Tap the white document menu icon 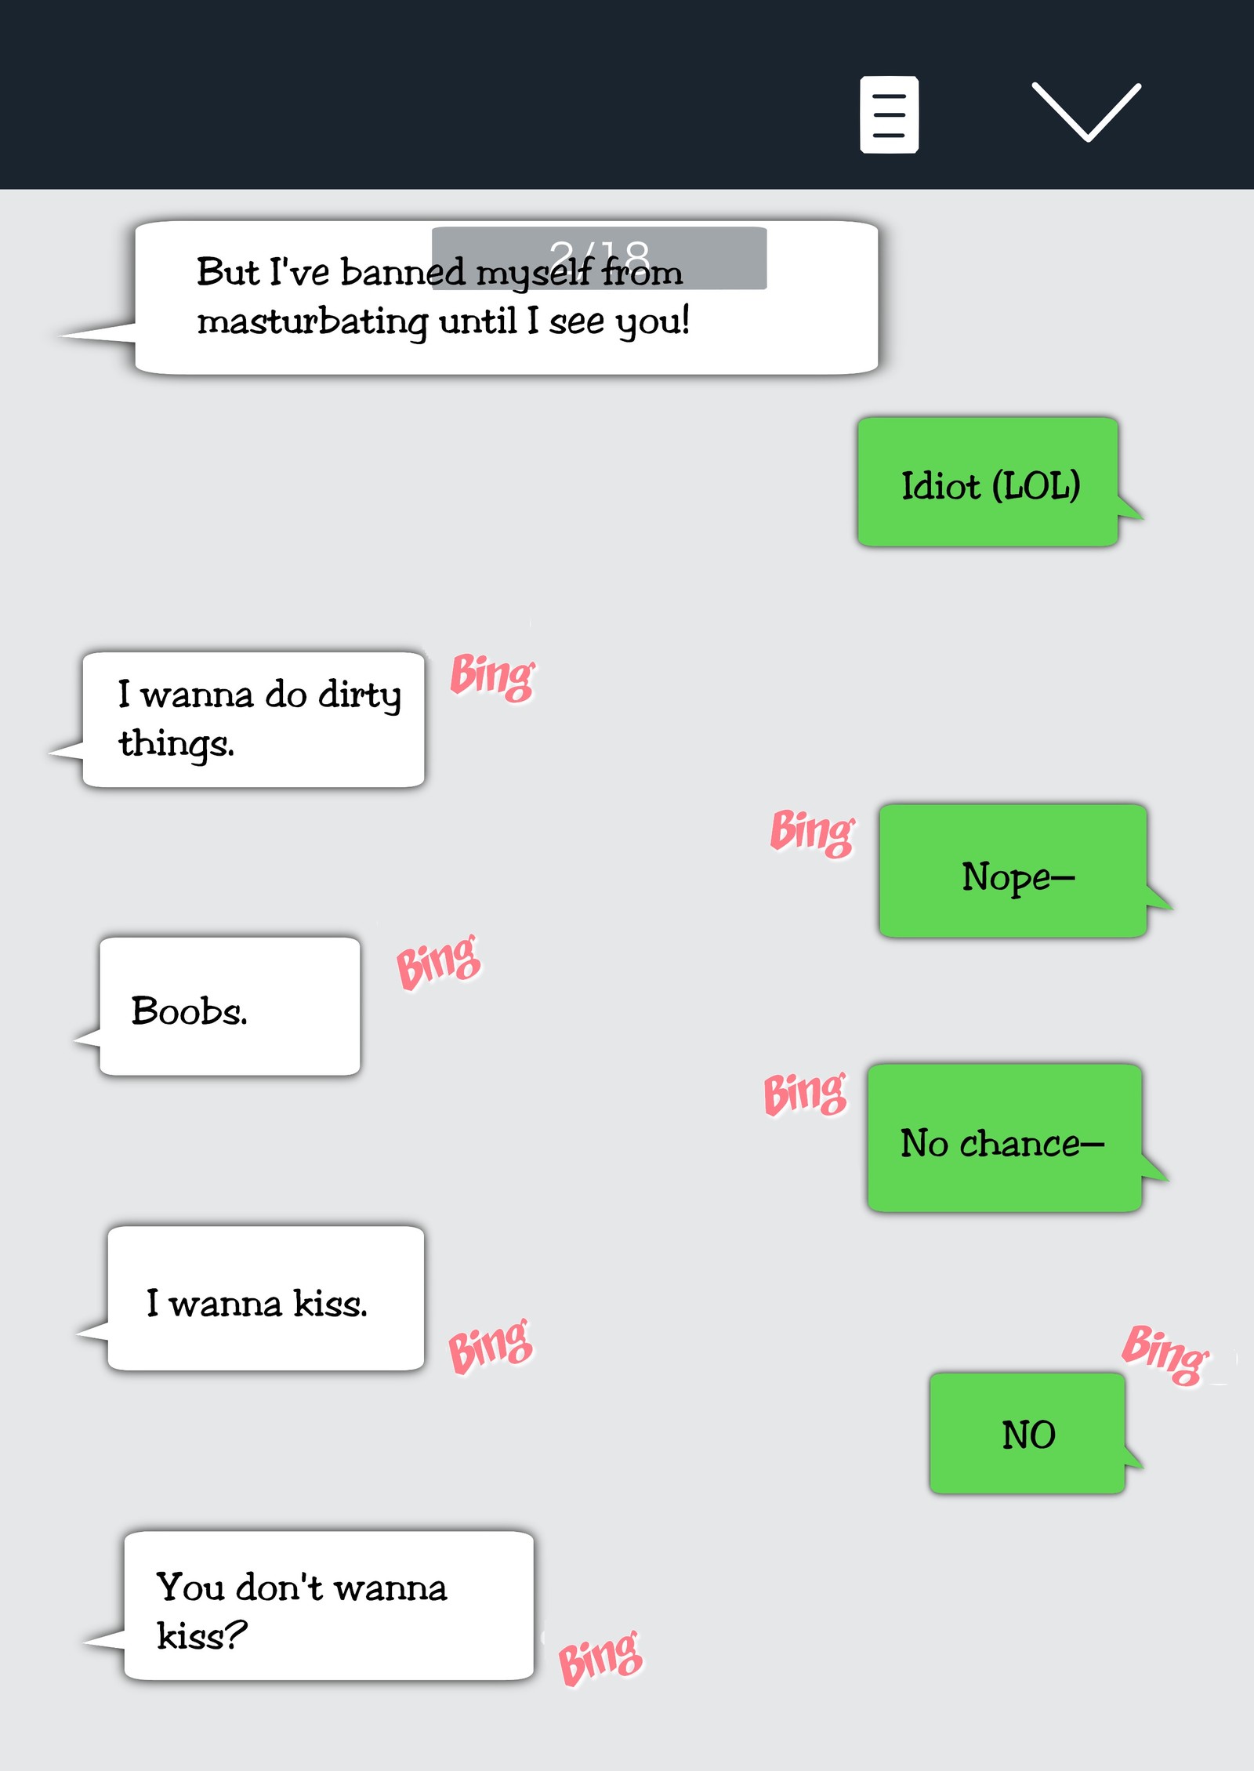pos(889,114)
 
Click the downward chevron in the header pos(1086,111)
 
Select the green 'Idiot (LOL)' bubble pos(988,482)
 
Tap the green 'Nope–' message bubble pos(1013,872)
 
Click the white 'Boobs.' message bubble pos(230,1007)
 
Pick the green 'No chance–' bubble pos(1004,1138)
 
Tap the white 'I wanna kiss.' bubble pos(266,1299)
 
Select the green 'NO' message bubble pos(1027,1434)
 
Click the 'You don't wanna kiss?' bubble pos(328,1606)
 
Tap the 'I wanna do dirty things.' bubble pos(253,720)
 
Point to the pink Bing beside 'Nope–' pos(812,833)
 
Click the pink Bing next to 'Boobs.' pos(438,962)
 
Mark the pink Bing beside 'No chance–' pos(806,1094)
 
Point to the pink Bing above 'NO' pos(1165,1355)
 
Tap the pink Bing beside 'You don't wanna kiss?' pos(600,1657)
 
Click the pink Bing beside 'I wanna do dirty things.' pos(492,677)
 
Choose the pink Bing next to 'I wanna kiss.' pos(491,1347)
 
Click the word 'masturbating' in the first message pos(312,321)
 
